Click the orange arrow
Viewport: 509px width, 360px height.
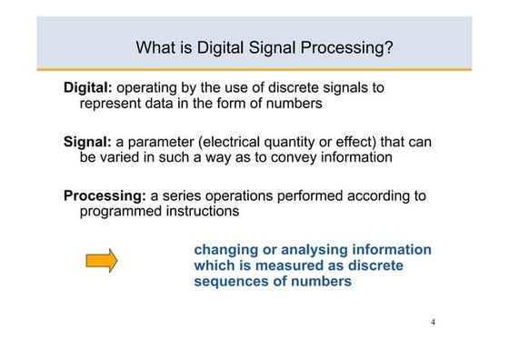coord(101,261)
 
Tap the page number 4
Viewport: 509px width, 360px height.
coord(433,323)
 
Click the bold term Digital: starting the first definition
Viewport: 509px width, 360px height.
coord(87,87)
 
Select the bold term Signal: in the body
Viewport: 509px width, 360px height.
coord(86,142)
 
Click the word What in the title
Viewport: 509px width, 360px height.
coord(154,46)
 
